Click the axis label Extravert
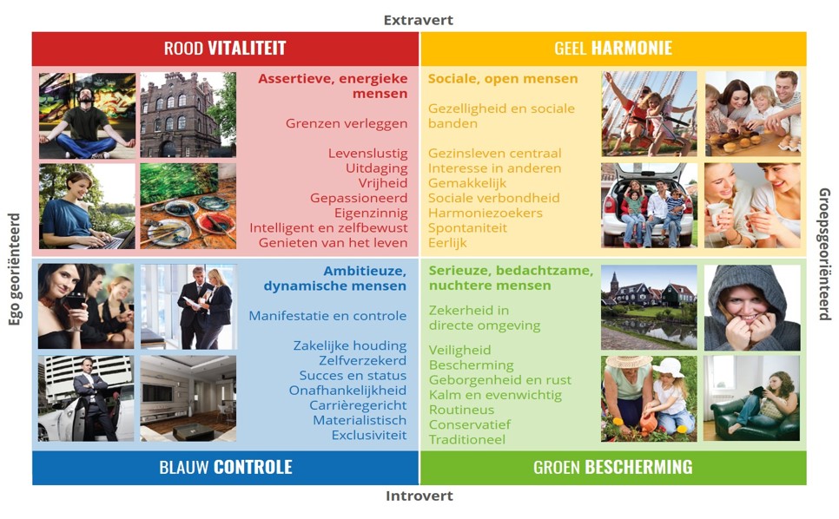(x=419, y=20)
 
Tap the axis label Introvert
(x=419, y=496)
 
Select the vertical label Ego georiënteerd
(x=15, y=269)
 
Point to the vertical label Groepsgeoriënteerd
(x=824, y=254)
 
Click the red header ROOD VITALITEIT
(x=225, y=48)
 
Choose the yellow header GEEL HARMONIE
(x=613, y=48)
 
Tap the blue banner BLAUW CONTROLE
(x=225, y=468)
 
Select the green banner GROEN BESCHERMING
(x=613, y=468)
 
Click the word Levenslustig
(x=368, y=154)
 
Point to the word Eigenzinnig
(x=371, y=214)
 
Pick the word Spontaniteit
(x=467, y=228)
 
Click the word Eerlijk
(x=447, y=243)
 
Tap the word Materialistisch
(x=360, y=420)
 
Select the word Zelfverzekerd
(x=363, y=361)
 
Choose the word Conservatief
(x=470, y=425)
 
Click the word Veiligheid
(x=459, y=351)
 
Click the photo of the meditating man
(x=87, y=115)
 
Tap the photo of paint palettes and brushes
(x=188, y=207)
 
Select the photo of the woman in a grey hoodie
(x=752, y=308)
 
